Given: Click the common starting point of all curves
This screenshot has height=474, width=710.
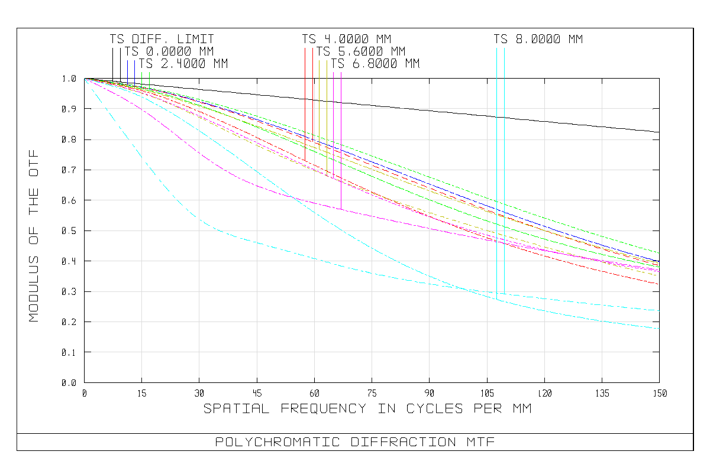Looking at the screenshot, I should (85, 79).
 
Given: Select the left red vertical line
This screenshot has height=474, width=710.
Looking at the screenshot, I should (305, 106).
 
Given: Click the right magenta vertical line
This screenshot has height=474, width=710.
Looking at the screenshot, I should (341, 142).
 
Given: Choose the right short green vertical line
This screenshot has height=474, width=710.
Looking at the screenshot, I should (149, 80).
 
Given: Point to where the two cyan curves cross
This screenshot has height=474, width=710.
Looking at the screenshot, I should (467, 290).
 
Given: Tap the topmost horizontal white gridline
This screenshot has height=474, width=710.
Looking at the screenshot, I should (355, 109).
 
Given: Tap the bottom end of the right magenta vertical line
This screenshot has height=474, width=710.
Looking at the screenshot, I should (341, 209).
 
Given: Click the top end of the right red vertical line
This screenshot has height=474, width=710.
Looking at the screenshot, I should (313, 48).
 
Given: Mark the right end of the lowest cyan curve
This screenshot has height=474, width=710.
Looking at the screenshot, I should (659, 328).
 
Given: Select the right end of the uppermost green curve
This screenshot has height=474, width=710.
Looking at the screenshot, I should (659, 253).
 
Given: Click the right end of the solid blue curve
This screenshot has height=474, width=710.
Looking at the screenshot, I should (659, 262).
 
